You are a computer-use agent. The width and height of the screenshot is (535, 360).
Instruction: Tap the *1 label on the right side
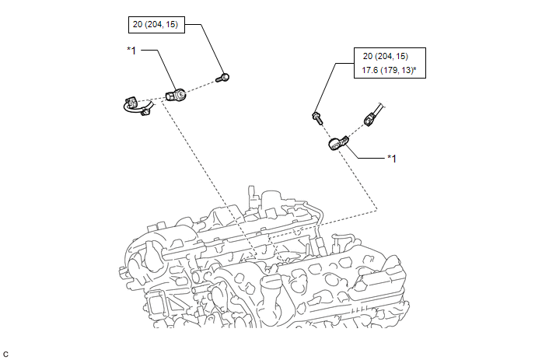tap(393, 159)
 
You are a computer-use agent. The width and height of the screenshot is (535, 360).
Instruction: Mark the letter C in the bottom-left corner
tap(7, 354)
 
